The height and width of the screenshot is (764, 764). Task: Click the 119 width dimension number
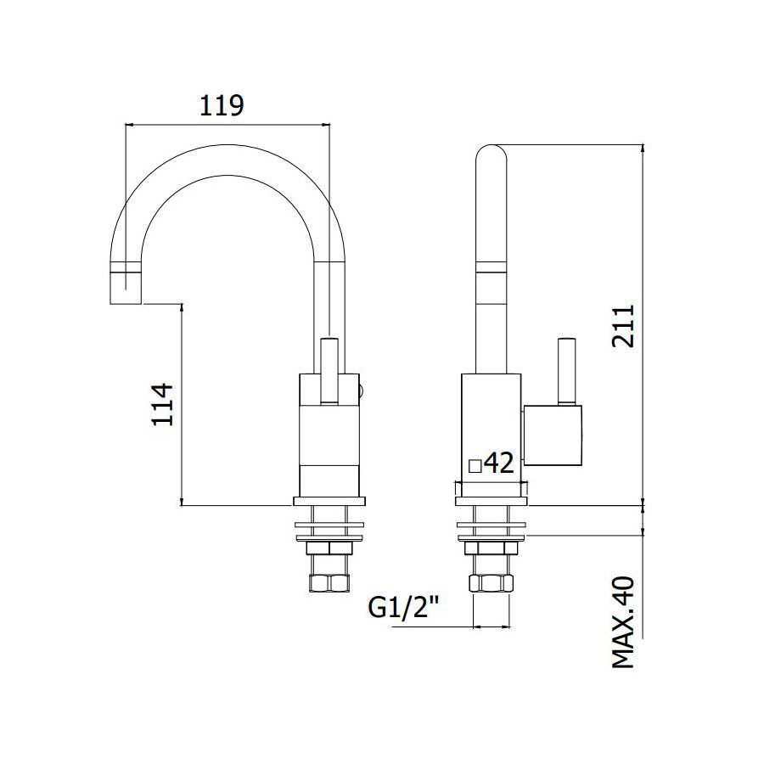(222, 106)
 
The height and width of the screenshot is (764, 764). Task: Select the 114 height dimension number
(163, 405)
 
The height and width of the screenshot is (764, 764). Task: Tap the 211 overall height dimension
(624, 326)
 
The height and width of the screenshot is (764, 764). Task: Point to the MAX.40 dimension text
(624, 622)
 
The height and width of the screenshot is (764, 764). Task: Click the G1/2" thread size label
(404, 607)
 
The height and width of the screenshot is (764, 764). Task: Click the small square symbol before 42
(475, 466)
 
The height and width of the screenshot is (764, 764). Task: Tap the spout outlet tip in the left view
(126, 288)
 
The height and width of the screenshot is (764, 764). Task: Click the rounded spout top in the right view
(492, 155)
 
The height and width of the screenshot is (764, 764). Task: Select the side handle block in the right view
(553, 435)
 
